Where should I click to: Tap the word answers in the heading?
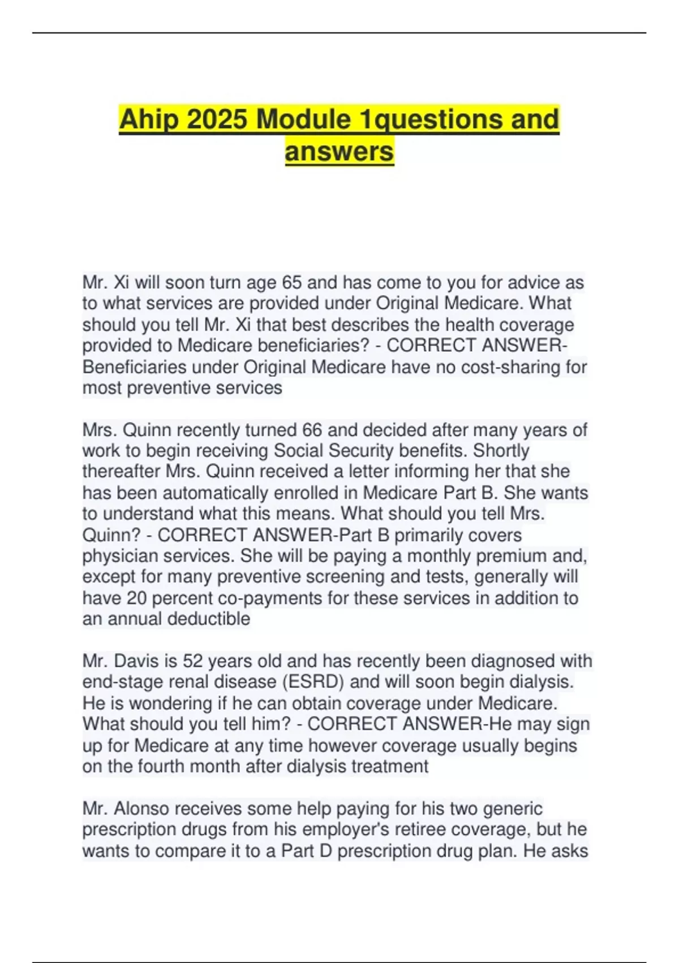point(339,151)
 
